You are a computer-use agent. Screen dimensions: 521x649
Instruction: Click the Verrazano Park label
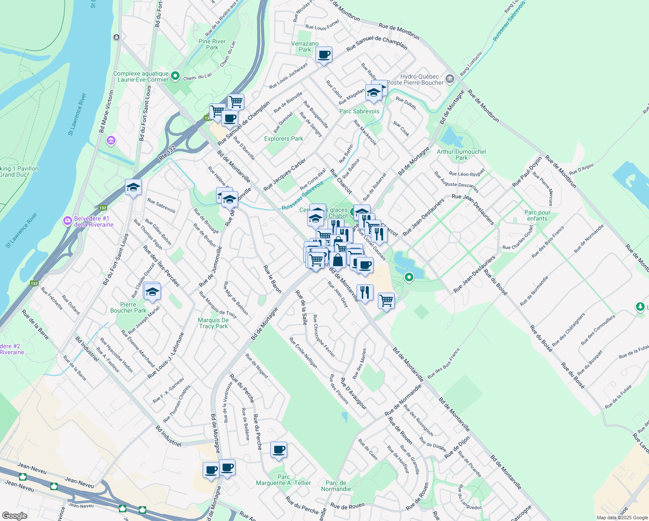tap(305, 46)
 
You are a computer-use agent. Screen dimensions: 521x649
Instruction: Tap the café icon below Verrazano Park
tap(324, 55)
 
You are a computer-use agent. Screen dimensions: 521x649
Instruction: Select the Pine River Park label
tap(212, 44)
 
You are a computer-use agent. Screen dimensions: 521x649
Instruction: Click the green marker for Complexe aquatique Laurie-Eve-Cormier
tap(175, 76)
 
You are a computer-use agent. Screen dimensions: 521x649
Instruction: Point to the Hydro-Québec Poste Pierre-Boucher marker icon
tap(449, 79)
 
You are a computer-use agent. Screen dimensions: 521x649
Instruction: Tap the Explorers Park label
tap(284, 139)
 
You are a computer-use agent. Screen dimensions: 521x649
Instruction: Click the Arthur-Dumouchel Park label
tap(461, 155)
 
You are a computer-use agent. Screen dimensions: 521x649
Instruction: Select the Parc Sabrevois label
tap(359, 112)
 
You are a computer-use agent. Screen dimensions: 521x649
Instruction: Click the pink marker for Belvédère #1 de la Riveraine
tap(67, 221)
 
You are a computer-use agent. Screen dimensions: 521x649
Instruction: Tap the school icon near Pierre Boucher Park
tap(152, 292)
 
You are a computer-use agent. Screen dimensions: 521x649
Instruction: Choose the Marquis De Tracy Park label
tap(213, 323)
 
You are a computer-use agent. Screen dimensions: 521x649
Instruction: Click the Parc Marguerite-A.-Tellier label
tap(283, 480)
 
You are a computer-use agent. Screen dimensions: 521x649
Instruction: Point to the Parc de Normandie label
tap(336, 486)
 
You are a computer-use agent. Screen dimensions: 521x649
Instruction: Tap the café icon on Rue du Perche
tap(279, 450)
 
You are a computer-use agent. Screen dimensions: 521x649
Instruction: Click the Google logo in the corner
tap(14, 515)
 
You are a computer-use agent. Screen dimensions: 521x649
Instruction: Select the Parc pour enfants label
tap(537, 215)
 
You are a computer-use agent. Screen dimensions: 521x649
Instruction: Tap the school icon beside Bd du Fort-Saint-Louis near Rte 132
tap(133, 188)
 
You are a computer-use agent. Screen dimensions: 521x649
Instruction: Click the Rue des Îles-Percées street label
tap(161, 266)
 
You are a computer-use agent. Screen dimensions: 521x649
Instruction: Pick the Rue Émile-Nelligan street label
tap(303, 353)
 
